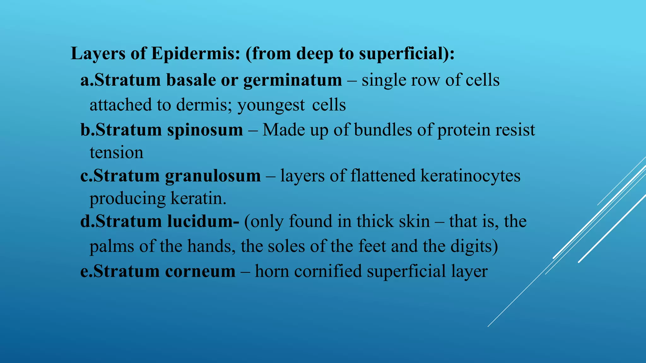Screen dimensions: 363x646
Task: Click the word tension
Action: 116,153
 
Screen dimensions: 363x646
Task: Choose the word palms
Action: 112,246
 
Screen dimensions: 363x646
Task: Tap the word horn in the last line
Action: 272,271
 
